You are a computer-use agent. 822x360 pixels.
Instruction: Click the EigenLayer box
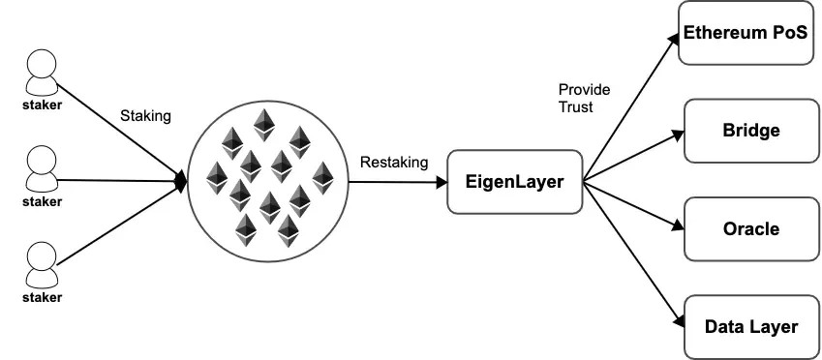(x=513, y=181)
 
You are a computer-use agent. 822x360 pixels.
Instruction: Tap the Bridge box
(x=750, y=130)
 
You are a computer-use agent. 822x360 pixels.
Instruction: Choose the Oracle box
(x=750, y=229)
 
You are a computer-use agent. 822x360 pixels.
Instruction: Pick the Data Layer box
(x=750, y=326)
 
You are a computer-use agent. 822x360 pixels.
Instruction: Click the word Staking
(x=145, y=116)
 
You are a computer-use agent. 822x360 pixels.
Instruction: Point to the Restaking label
(x=393, y=162)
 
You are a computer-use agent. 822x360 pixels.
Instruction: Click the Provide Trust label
(x=584, y=99)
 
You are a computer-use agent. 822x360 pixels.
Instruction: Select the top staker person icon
(x=41, y=70)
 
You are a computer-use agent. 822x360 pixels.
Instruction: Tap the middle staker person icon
(x=41, y=164)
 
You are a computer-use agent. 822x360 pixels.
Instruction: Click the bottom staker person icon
(x=41, y=260)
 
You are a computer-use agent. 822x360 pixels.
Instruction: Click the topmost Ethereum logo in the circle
(x=262, y=124)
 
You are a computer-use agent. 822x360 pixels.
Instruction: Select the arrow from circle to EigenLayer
(x=397, y=180)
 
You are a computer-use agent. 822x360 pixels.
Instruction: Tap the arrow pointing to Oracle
(x=634, y=205)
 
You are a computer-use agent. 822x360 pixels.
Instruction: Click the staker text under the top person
(x=41, y=103)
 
